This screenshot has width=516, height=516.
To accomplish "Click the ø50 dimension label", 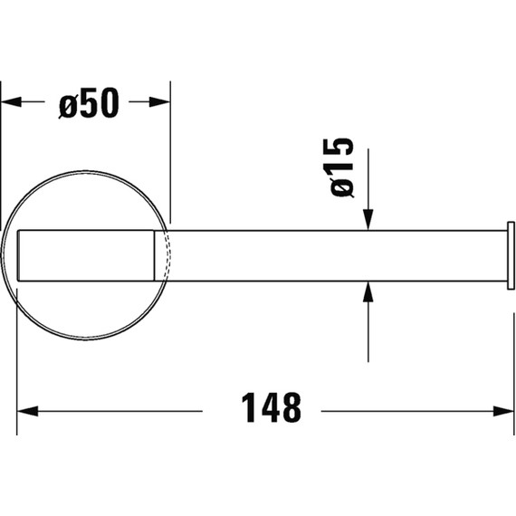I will tap(88, 104).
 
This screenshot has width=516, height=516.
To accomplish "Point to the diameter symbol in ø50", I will tap(67, 105).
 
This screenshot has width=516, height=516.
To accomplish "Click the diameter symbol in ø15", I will tap(341, 187).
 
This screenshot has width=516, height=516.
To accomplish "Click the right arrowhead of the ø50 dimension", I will tap(160, 103).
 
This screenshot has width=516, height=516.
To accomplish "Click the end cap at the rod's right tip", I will tap(511, 255).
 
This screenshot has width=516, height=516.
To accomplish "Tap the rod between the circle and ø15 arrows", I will tap(263, 255).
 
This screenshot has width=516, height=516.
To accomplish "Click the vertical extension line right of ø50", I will tap(169, 154).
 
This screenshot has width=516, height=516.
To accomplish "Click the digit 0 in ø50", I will tap(108, 105).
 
